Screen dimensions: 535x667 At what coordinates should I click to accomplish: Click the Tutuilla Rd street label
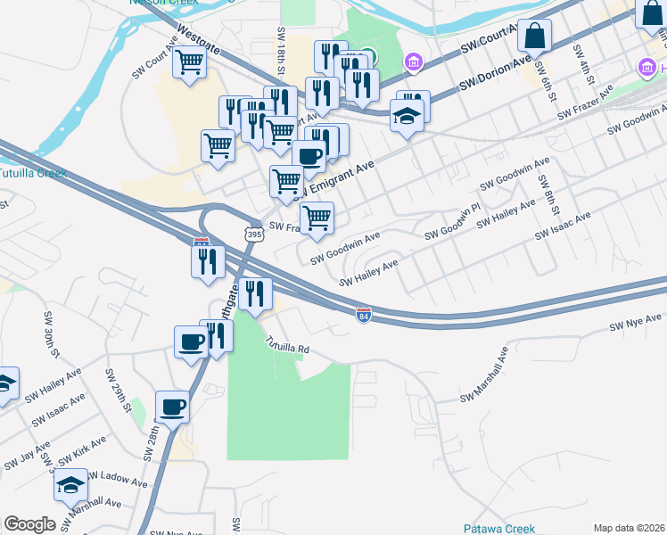click(x=286, y=345)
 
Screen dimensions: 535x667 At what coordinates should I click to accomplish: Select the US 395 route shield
click(x=254, y=235)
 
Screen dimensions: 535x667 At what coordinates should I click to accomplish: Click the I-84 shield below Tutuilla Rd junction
click(x=363, y=316)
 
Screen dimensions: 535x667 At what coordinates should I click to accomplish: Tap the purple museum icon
click(x=413, y=62)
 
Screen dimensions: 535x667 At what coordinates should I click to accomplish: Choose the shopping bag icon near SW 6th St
click(x=534, y=37)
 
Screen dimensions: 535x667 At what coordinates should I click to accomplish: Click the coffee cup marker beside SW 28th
click(x=172, y=407)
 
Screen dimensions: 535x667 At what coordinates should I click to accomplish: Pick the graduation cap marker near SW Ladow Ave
click(x=70, y=486)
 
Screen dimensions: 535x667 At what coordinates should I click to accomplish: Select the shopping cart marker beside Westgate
click(x=189, y=62)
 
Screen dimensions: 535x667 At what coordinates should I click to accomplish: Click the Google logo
click(x=29, y=523)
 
